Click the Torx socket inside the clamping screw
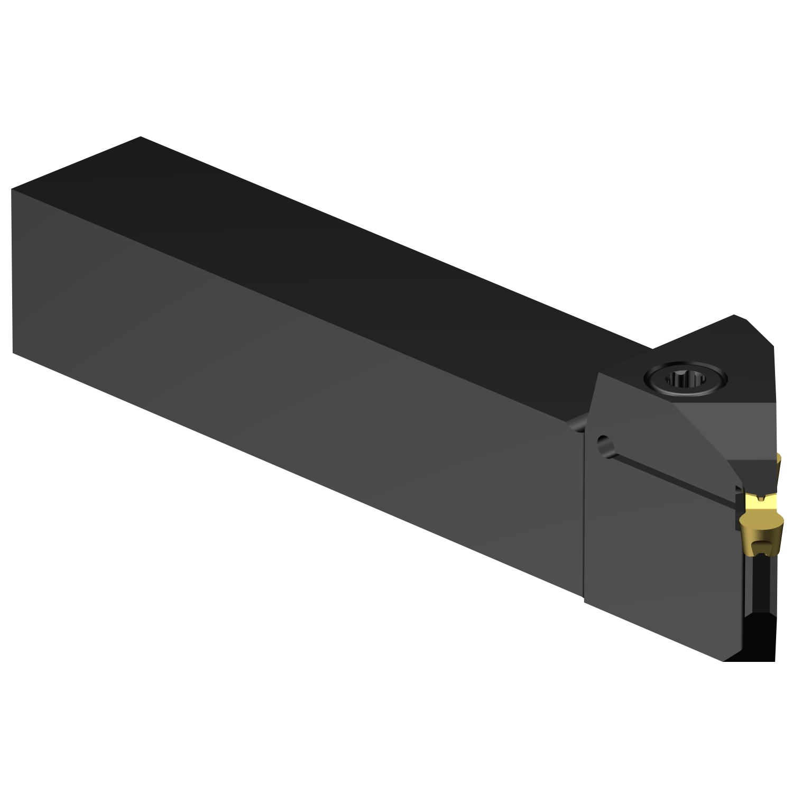click(686, 379)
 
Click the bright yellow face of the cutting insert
click(760, 506)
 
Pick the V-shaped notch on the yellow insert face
click(761, 497)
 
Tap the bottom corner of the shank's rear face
click(13, 352)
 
